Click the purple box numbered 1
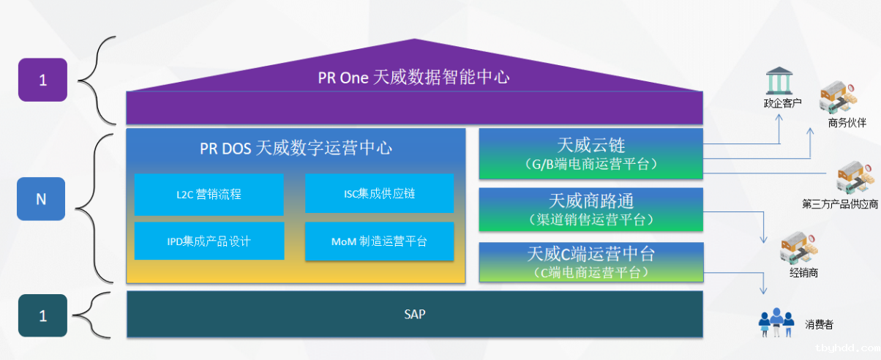(42, 80)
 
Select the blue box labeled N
(41, 199)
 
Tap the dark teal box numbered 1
(42, 315)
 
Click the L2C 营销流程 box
(209, 195)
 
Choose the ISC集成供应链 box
(380, 193)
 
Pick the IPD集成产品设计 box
(209, 241)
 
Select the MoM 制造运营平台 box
(380, 241)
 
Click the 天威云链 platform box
(591, 154)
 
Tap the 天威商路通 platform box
(591, 209)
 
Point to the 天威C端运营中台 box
(591, 262)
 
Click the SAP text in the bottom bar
(415, 315)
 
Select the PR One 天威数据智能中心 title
(413, 77)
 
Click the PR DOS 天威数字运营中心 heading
(296, 149)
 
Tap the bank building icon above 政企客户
(779, 80)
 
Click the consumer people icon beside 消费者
(776, 323)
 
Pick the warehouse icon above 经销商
(799, 247)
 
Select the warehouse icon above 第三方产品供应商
(855, 178)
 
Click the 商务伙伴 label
(847, 123)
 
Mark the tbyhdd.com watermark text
(847, 348)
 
